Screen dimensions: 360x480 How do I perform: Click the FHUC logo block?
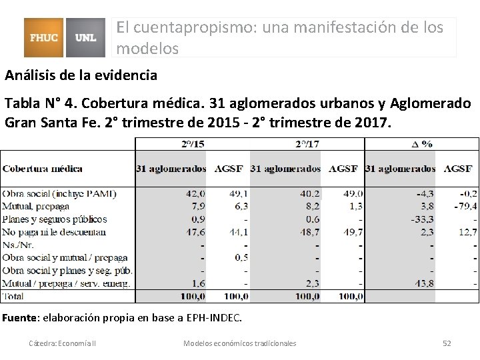point(45,37)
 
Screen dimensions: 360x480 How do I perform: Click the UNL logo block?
point(86,37)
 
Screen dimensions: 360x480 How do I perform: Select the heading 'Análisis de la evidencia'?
point(81,75)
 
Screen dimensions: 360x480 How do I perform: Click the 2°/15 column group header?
point(193,144)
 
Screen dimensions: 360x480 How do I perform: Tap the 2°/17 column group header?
point(307,144)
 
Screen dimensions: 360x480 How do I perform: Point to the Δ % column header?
point(421,144)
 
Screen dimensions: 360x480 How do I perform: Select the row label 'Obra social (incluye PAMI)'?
point(59,193)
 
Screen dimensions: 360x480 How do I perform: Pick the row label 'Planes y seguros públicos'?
point(55,219)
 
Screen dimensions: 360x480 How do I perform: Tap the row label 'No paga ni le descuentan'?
point(54,232)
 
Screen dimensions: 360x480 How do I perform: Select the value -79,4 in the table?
point(463,206)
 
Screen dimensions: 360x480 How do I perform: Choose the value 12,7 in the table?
point(467,232)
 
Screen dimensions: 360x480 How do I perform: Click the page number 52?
point(447,343)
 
